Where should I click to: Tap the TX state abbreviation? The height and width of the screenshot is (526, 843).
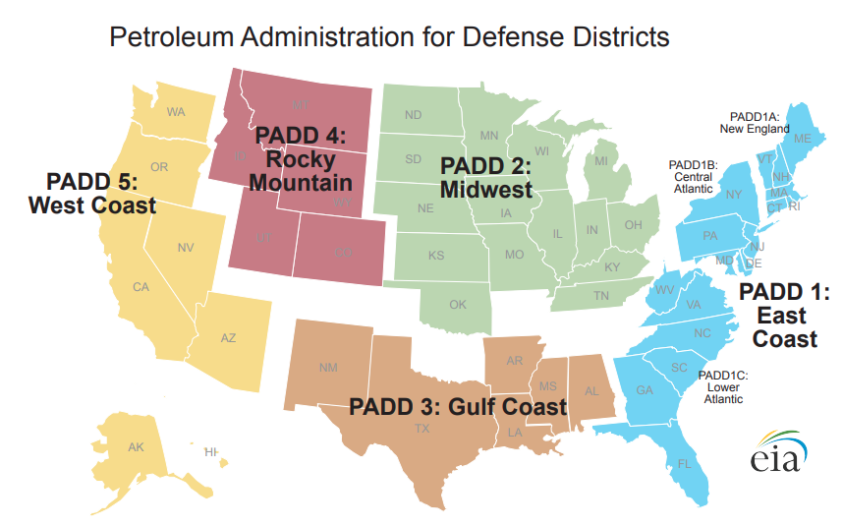click(421, 428)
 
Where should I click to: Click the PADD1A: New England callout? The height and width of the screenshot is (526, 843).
click(754, 122)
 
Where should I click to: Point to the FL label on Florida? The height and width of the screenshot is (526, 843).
click(685, 463)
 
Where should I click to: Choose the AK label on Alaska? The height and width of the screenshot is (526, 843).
click(136, 447)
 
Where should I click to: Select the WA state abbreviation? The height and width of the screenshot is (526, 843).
click(176, 111)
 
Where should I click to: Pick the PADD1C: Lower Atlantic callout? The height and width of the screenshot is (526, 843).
click(723, 387)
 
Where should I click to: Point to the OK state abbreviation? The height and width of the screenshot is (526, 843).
click(458, 305)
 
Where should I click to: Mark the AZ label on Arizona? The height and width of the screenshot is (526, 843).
click(228, 338)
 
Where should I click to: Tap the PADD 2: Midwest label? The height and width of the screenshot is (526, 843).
click(485, 177)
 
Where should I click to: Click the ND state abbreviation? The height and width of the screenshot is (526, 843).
click(414, 115)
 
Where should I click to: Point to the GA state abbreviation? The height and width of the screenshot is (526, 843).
click(645, 390)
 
